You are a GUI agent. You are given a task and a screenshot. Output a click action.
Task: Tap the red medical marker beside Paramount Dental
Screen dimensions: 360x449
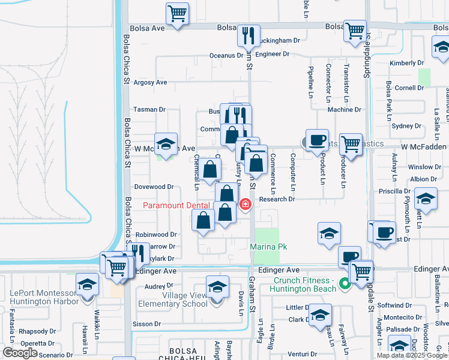point(245,205)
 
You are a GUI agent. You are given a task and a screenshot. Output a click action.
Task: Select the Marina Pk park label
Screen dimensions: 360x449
point(267,247)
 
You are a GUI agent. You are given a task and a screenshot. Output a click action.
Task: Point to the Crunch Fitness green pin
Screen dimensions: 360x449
point(345,284)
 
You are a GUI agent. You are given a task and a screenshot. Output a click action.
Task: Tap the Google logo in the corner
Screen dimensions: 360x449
point(20,353)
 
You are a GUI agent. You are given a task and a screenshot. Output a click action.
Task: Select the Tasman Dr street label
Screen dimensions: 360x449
point(149,109)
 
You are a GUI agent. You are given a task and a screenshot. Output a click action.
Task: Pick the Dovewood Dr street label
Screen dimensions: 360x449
point(154,187)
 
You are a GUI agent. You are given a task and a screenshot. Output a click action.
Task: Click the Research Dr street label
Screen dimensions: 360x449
point(277,199)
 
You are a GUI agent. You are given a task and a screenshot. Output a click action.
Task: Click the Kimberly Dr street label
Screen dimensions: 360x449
point(406,63)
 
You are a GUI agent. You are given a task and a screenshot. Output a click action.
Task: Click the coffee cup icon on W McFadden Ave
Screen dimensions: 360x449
point(316,140)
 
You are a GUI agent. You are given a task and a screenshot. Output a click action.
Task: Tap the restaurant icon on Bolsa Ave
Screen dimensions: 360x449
point(248,36)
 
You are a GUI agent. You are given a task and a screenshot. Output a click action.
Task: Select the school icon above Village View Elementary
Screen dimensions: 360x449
point(217,286)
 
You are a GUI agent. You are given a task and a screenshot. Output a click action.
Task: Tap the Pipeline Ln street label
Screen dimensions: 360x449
point(311,81)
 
